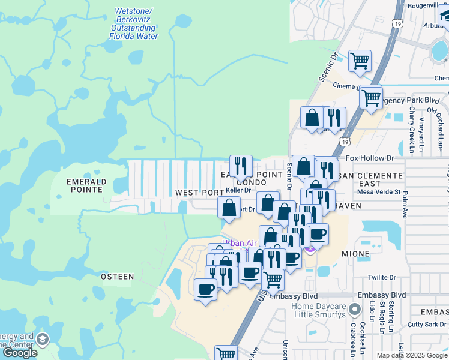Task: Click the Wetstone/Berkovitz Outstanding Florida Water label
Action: click(133, 24)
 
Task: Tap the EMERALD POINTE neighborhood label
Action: click(86, 185)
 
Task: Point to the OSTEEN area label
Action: click(117, 277)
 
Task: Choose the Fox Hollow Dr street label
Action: click(373, 158)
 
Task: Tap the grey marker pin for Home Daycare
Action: click(355, 309)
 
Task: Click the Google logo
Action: click(20, 353)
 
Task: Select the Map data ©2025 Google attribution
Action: click(412, 355)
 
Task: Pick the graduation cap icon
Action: click(42, 340)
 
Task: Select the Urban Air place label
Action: click(235, 244)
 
